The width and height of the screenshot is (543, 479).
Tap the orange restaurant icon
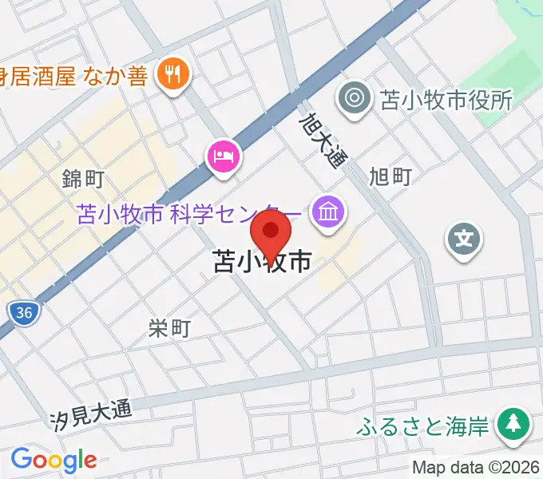click(x=172, y=76)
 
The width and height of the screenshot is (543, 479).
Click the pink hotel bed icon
click(x=224, y=154)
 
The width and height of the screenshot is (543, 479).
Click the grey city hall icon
click(x=355, y=99)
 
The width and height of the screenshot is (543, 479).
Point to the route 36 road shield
click(x=25, y=314)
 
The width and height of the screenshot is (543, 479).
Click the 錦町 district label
click(x=84, y=178)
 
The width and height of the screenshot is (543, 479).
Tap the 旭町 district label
click(x=391, y=176)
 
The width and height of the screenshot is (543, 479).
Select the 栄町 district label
click(x=170, y=327)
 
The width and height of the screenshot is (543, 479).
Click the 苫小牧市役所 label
click(x=446, y=100)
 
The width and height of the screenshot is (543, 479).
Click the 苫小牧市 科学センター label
click(x=189, y=214)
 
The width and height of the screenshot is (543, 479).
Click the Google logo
click(x=54, y=460)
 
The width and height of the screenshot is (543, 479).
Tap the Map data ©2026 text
click(x=476, y=468)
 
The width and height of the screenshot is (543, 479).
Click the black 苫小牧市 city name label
click(x=262, y=263)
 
